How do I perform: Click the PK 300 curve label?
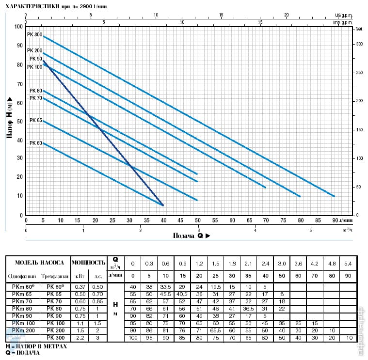coord(35,35)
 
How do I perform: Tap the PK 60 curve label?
coord(35,143)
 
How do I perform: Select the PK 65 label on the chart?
coord(35,120)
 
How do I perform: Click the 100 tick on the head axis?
coord(19,27)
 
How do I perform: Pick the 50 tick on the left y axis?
coord(20,121)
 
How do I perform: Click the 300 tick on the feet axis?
coord(359,44)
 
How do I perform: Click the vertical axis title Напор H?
coord(9,118)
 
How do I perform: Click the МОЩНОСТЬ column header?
coord(89,263)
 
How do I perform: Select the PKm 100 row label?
coord(22,323)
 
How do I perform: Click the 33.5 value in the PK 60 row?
coord(165,286)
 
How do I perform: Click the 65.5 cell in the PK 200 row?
coord(215,330)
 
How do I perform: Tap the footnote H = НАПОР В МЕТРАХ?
coord(36,346)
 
